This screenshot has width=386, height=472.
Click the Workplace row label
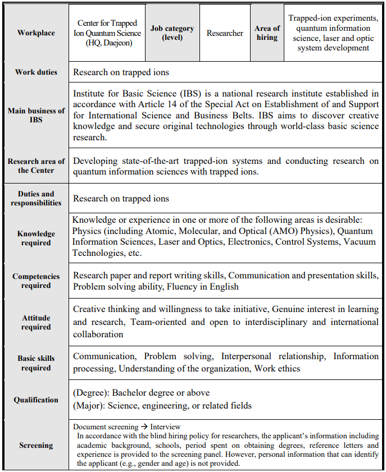click(x=36, y=33)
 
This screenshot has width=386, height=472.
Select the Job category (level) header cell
click(x=172, y=33)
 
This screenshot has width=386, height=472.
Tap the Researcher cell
click(x=225, y=33)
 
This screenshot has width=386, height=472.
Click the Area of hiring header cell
click(x=267, y=33)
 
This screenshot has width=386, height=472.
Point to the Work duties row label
click(x=36, y=72)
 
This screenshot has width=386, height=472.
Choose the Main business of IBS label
click(x=36, y=116)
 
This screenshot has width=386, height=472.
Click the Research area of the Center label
click(x=36, y=166)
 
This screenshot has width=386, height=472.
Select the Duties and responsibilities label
click(x=36, y=198)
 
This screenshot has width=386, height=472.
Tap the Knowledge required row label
click(x=36, y=238)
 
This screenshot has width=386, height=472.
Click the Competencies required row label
click(x=36, y=281)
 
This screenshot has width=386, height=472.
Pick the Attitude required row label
click(x=36, y=322)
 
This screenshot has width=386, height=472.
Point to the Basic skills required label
click(x=36, y=363)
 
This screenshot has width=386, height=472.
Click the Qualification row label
click(x=36, y=400)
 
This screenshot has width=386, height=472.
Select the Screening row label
click(x=36, y=446)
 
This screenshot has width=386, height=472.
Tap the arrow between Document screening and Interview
click(x=142, y=427)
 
